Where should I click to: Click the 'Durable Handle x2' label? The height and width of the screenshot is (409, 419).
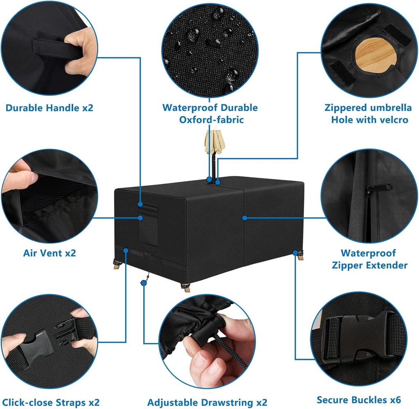(49, 108)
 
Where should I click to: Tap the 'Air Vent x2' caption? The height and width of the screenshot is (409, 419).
(50, 253)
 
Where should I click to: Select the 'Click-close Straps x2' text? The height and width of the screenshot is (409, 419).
(51, 402)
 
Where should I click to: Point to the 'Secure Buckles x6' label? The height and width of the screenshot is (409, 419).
(359, 400)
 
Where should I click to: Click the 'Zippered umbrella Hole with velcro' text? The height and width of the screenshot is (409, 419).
(368, 114)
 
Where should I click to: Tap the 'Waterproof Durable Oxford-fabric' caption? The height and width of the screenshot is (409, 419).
(210, 114)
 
